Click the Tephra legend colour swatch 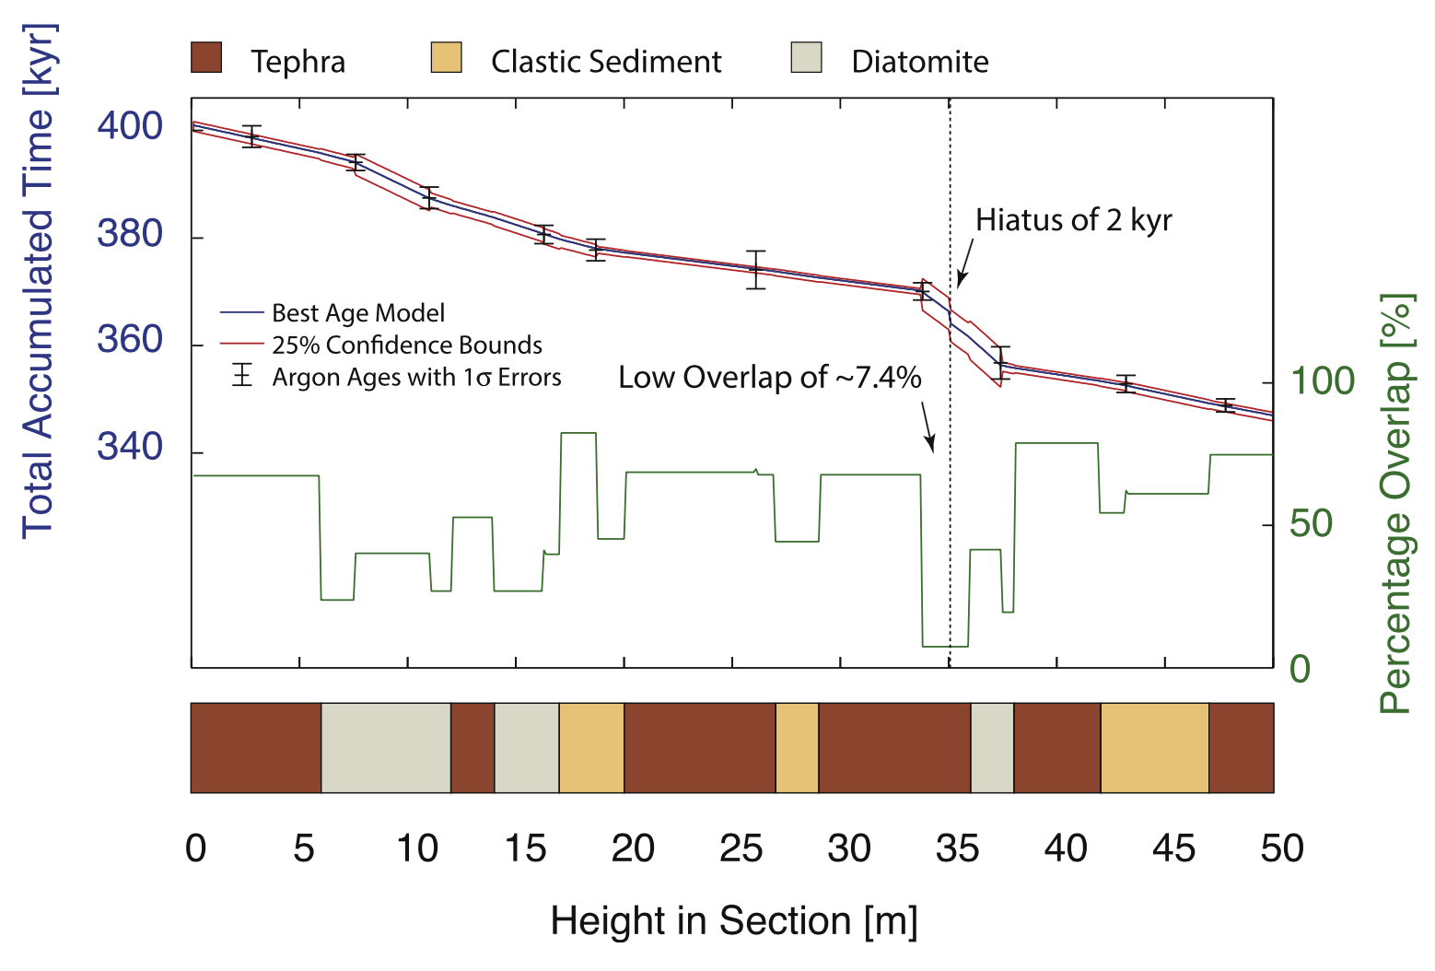click(x=206, y=57)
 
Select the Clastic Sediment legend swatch click(x=446, y=57)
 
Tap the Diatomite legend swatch click(x=806, y=57)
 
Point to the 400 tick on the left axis click(x=130, y=126)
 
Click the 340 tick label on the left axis click(x=130, y=448)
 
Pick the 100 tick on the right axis click(x=1322, y=381)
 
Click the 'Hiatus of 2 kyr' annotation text click(x=1073, y=220)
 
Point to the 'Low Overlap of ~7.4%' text click(x=769, y=378)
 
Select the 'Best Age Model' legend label click(x=358, y=313)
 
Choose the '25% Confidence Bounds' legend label click(x=406, y=345)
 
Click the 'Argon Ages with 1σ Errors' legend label click(x=416, y=378)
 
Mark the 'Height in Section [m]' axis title click(x=734, y=921)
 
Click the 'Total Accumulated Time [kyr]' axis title click(x=39, y=281)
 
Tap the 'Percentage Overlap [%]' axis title click(x=1396, y=504)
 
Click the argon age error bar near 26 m click(x=756, y=269)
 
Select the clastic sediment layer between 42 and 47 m click(x=1154, y=748)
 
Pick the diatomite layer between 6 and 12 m click(x=386, y=748)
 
